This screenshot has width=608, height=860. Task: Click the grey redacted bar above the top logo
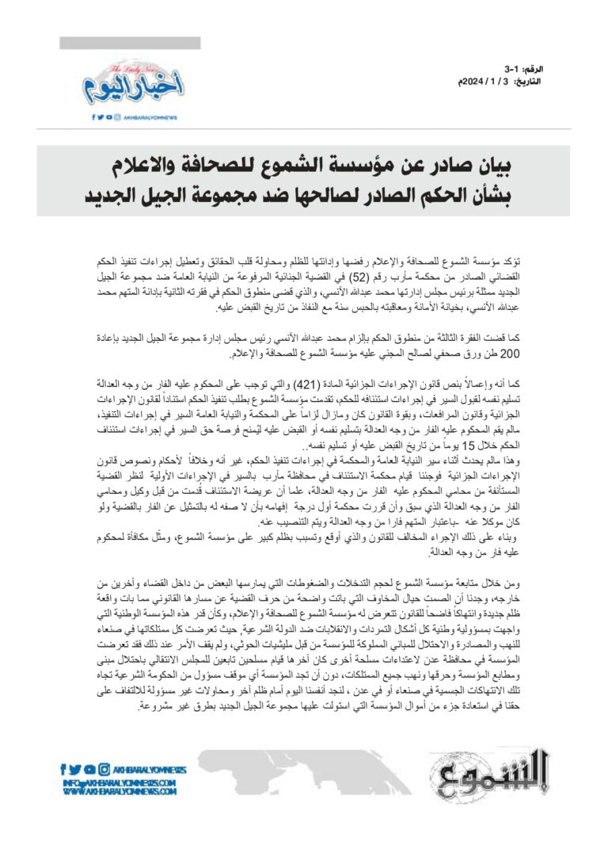pos(130,43)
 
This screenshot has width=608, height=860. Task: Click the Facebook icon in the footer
pos(64,768)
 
